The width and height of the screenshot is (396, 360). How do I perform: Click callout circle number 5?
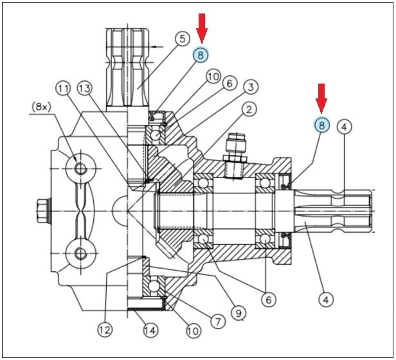[183, 39]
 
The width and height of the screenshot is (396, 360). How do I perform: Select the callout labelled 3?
[251, 87]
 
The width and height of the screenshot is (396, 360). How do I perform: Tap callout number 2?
[249, 110]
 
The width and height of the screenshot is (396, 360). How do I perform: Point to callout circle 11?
[63, 89]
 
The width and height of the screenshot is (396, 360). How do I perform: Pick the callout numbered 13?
[84, 89]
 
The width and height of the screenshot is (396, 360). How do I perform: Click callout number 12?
[105, 329]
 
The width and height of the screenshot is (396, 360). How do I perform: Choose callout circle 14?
[150, 330]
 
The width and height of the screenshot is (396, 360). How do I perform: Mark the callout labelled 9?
[239, 313]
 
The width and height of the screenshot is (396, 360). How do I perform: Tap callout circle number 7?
[218, 321]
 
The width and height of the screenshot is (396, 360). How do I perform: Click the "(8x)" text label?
[41, 107]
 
